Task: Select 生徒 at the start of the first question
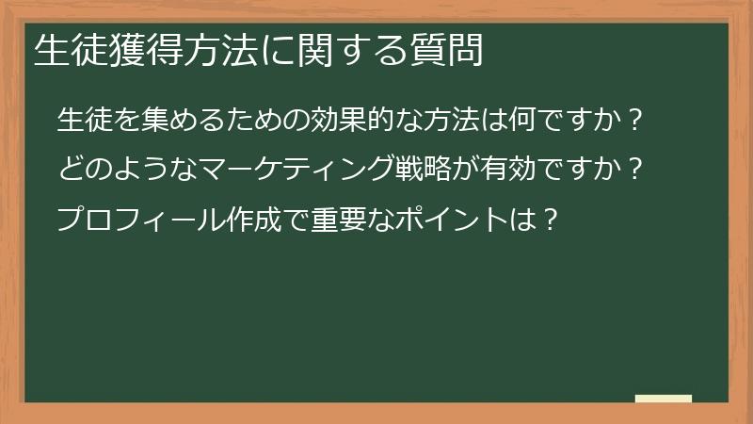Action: click(x=83, y=122)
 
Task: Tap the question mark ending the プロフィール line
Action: click(x=553, y=220)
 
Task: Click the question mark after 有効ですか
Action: click(x=635, y=171)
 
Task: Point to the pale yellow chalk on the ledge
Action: click(x=664, y=399)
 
